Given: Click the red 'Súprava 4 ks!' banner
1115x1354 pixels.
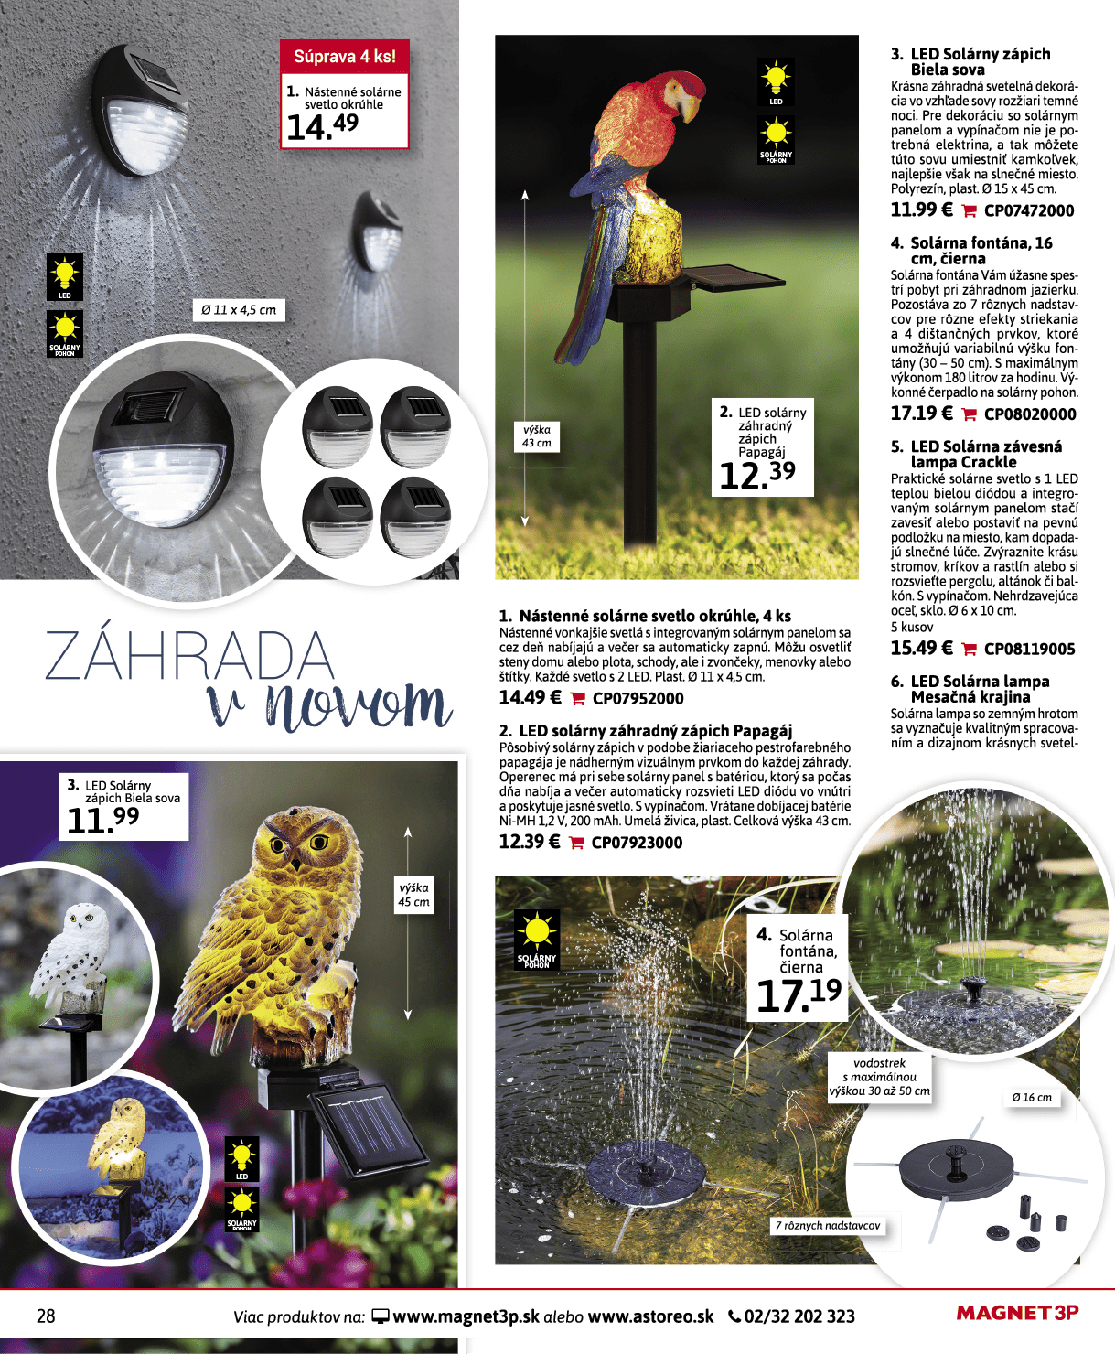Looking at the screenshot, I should (344, 57).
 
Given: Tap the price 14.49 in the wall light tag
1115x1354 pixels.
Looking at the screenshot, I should (322, 126).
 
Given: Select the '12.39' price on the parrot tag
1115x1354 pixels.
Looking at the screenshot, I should (756, 474).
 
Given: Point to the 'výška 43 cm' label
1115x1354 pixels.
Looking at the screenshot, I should (537, 436).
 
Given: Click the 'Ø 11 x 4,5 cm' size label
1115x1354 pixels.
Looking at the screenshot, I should (239, 310).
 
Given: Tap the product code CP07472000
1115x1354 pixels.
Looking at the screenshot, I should (1029, 210).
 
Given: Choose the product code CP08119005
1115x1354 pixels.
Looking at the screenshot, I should (1029, 649).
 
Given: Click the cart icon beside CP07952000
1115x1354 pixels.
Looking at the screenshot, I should (577, 699).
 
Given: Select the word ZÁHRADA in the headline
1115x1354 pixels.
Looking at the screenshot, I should (189, 656).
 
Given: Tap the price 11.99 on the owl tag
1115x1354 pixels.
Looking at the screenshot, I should (102, 820).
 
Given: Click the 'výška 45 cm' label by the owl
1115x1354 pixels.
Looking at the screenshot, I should (413, 895).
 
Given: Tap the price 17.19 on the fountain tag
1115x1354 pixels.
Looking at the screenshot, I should (798, 994).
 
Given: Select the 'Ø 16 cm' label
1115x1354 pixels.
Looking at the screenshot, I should (1031, 1097).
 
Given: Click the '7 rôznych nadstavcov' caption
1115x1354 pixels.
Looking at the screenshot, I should (828, 1225).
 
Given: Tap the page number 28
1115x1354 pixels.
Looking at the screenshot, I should (46, 1316).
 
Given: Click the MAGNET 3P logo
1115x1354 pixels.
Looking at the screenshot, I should (1017, 1314).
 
